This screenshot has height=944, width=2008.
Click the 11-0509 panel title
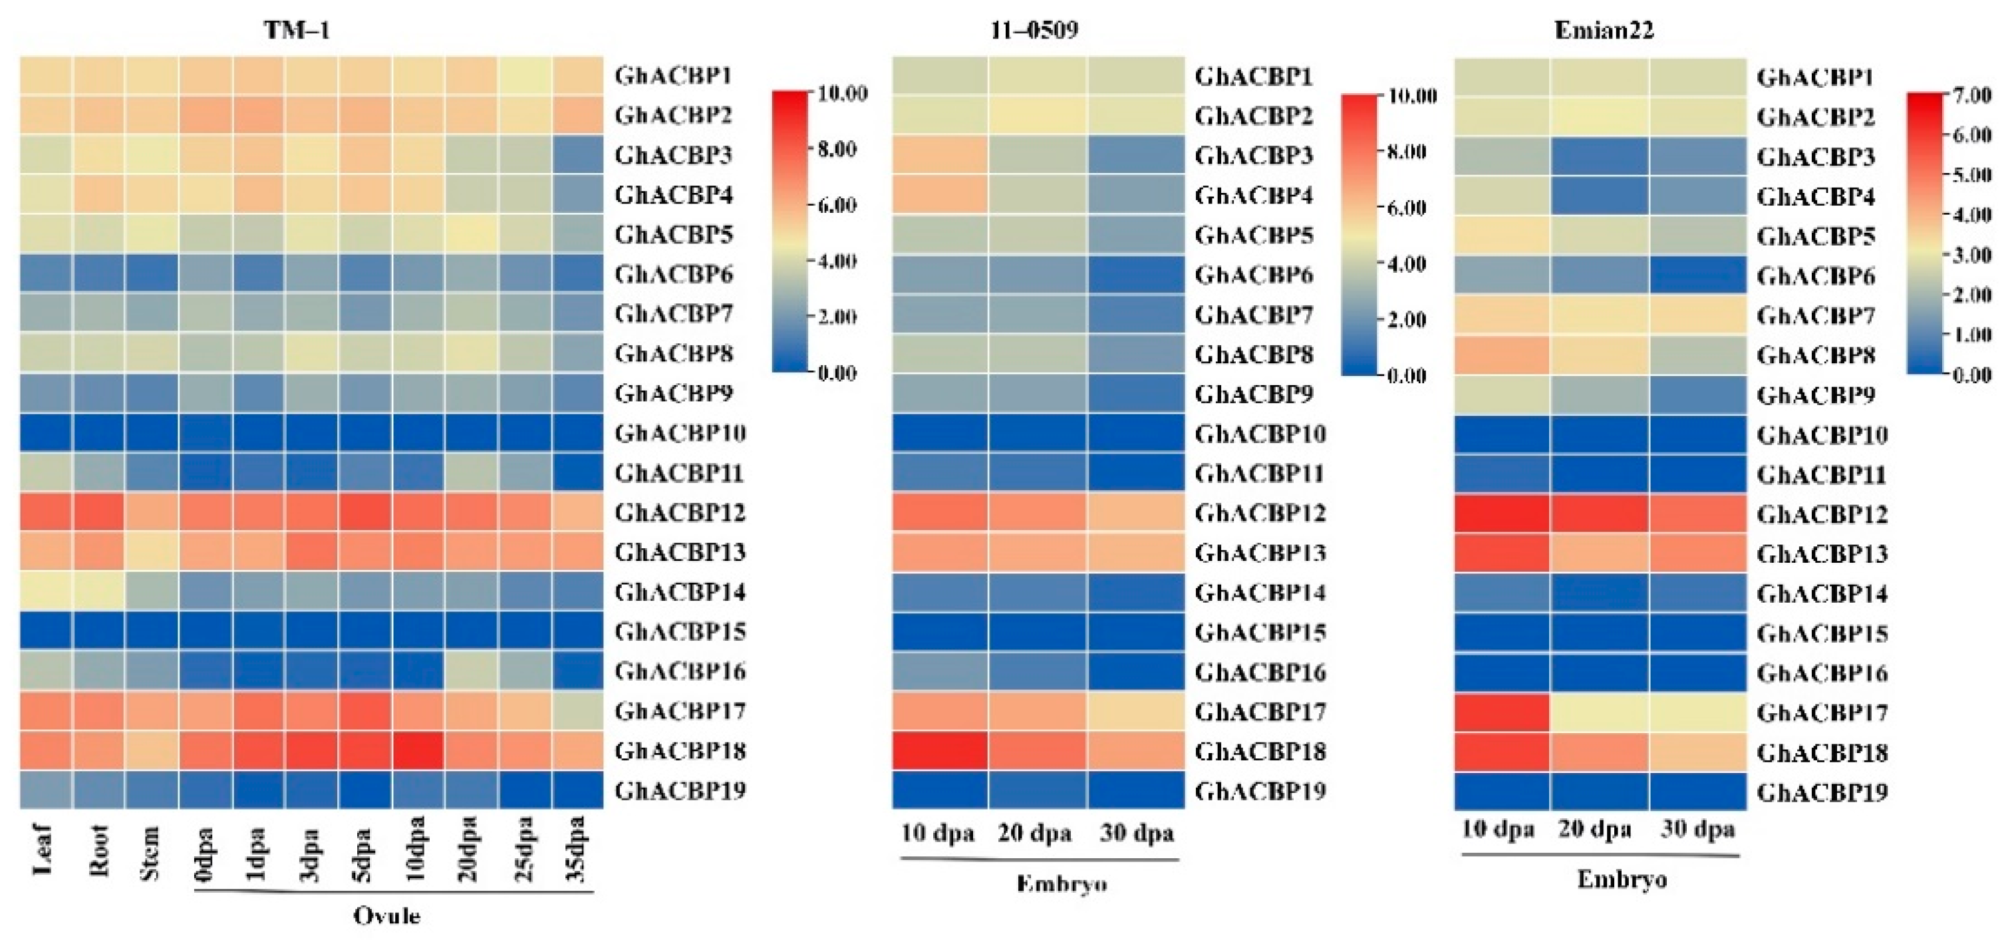coord(1035,31)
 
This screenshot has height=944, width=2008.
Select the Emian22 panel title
coord(1604,31)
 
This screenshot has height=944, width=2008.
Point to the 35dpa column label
coord(577,849)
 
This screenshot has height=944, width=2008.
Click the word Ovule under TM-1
coord(386,915)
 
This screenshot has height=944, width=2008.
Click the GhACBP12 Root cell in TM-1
coord(99,512)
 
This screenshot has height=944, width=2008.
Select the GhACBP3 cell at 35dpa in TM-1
coord(577,154)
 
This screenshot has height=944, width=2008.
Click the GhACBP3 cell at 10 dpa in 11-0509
coord(940,155)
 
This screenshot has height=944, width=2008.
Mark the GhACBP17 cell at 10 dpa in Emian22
coord(1501,712)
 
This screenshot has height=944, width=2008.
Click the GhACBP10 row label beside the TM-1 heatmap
coord(680,432)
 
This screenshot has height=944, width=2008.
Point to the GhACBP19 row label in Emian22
coord(1822,793)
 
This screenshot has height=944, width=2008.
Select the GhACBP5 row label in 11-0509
coord(1254,235)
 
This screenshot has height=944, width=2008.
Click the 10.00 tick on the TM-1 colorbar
coord(843,94)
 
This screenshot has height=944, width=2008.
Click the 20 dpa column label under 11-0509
coord(1034,834)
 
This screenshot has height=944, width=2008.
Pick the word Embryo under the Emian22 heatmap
coord(1622,879)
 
